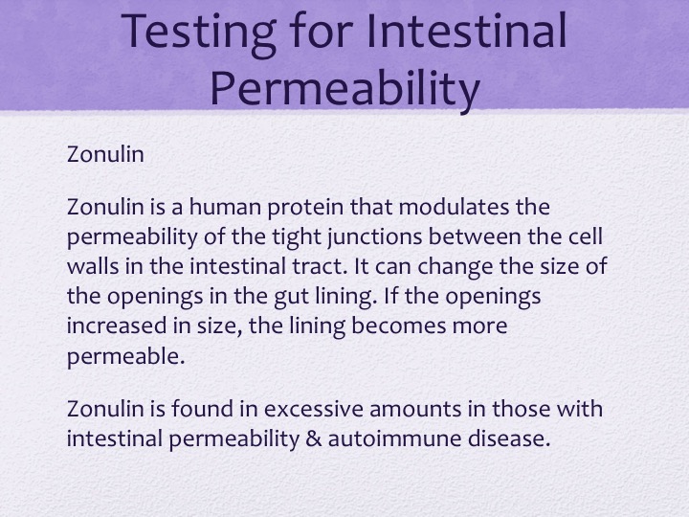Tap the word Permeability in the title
(x=344, y=89)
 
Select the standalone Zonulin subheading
(x=105, y=154)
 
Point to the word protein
(x=305, y=208)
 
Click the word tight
(x=297, y=237)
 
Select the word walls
(x=93, y=266)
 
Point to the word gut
(x=291, y=297)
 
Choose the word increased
(x=117, y=326)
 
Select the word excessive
(x=314, y=409)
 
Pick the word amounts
(x=415, y=409)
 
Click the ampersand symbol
(x=313, y=438)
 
